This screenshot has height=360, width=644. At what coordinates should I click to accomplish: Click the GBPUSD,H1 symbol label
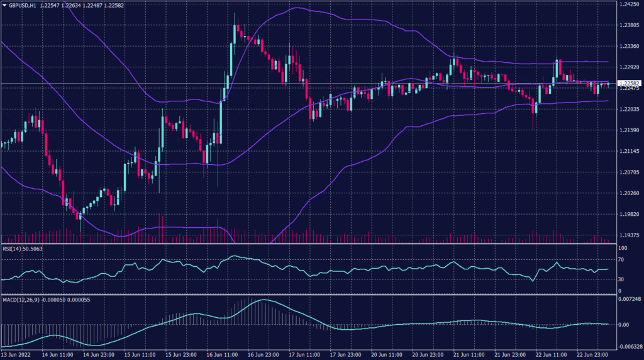click(x=22, y=5)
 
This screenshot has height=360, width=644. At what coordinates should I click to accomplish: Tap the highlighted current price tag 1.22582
click(x=629, y=83)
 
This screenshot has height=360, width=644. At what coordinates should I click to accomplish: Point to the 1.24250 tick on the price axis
click(x=629, y=5)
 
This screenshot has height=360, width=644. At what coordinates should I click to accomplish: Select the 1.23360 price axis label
click(x=629, y=47)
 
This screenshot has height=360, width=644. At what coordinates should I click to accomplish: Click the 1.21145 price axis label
click(x=629, y=151)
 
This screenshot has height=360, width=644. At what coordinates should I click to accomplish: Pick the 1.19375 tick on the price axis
click(x=629, y=235)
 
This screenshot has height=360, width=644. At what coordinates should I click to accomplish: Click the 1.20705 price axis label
click(x=629, y=172)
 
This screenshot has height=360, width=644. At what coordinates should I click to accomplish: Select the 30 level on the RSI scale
click(x=621, y=279)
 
